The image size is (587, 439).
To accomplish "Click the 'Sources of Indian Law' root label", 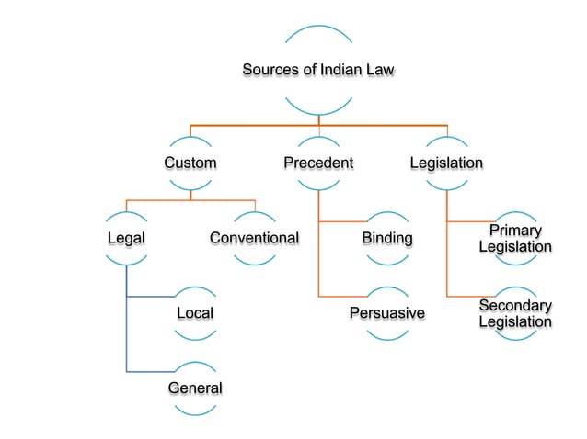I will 318,71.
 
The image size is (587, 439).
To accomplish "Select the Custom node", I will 190,163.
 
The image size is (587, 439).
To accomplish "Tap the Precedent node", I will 318,163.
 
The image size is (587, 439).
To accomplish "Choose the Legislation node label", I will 446,163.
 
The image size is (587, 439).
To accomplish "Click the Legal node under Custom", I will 126,239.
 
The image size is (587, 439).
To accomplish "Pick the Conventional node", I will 254,239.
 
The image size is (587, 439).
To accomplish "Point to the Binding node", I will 386,239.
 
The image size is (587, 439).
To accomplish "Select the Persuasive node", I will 386,314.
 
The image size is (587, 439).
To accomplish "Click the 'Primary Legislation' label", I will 515,239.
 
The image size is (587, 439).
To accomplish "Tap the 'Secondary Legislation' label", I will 515,314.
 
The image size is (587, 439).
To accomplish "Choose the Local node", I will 194,314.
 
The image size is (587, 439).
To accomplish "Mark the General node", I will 194,388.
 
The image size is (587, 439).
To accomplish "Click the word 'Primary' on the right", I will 515,231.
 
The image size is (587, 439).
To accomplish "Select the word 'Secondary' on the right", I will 515,306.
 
